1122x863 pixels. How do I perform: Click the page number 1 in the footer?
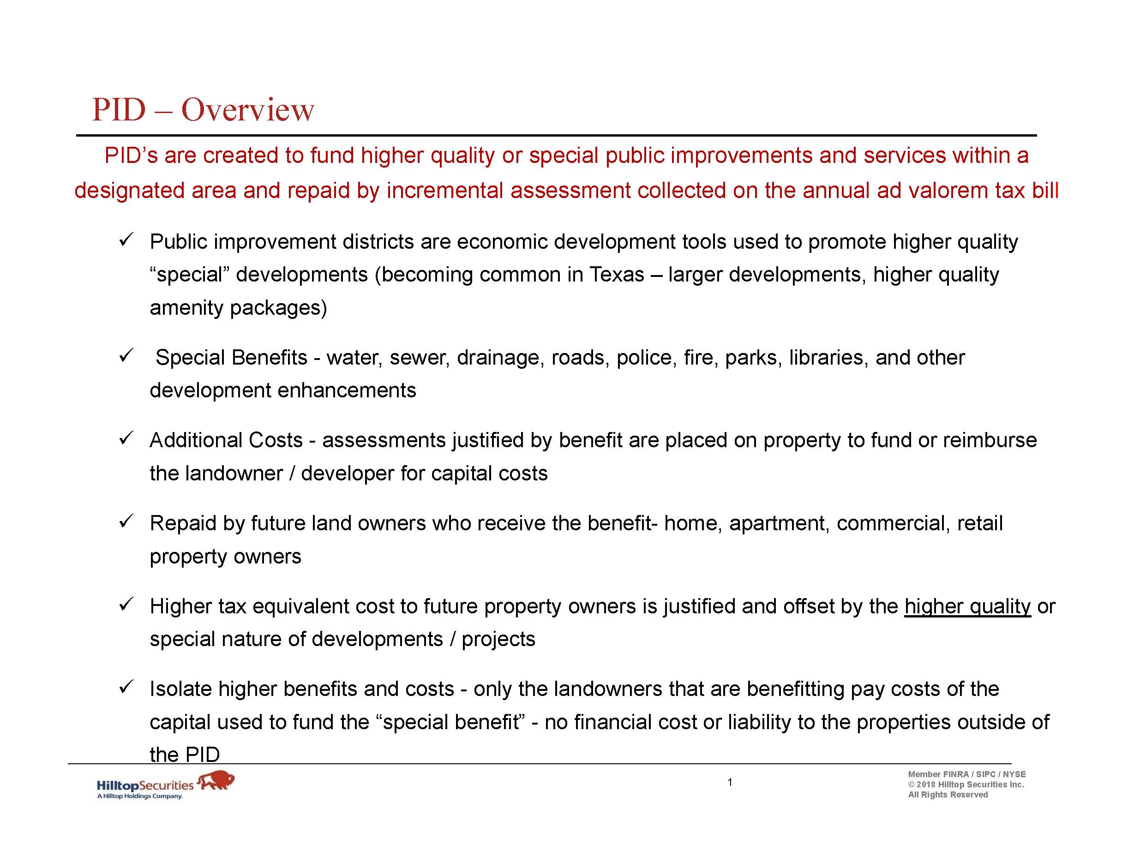pyautogui.click(x=730, y=782)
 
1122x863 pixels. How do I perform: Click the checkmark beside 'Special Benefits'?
pyautogui.click(x=126, y=355)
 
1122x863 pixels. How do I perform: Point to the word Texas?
pyautogui.click(x=617, y=275)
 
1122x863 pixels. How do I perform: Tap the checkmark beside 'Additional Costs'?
pyautogui.click(x=126, y=438)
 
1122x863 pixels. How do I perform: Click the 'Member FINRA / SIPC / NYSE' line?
pyautogui.click(x=966, y=774)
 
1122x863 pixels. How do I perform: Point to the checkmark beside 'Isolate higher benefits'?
pyautogui.click(x=126, y=687)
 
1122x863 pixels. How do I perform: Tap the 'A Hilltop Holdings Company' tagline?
pyautogui.click(x=140, y=796)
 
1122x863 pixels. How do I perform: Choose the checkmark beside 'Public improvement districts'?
pyautogui.click(x=126, y=240)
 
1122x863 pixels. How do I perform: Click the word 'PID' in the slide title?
pyautogui.click(x=119, y=110)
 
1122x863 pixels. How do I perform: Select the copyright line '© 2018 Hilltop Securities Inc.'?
pyautogui.click(x=966, y=785)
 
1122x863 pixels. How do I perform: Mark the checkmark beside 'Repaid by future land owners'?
pyautogui.click(x=126, y=521)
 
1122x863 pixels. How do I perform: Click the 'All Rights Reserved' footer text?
pyautogui.click(x=948, y=795)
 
